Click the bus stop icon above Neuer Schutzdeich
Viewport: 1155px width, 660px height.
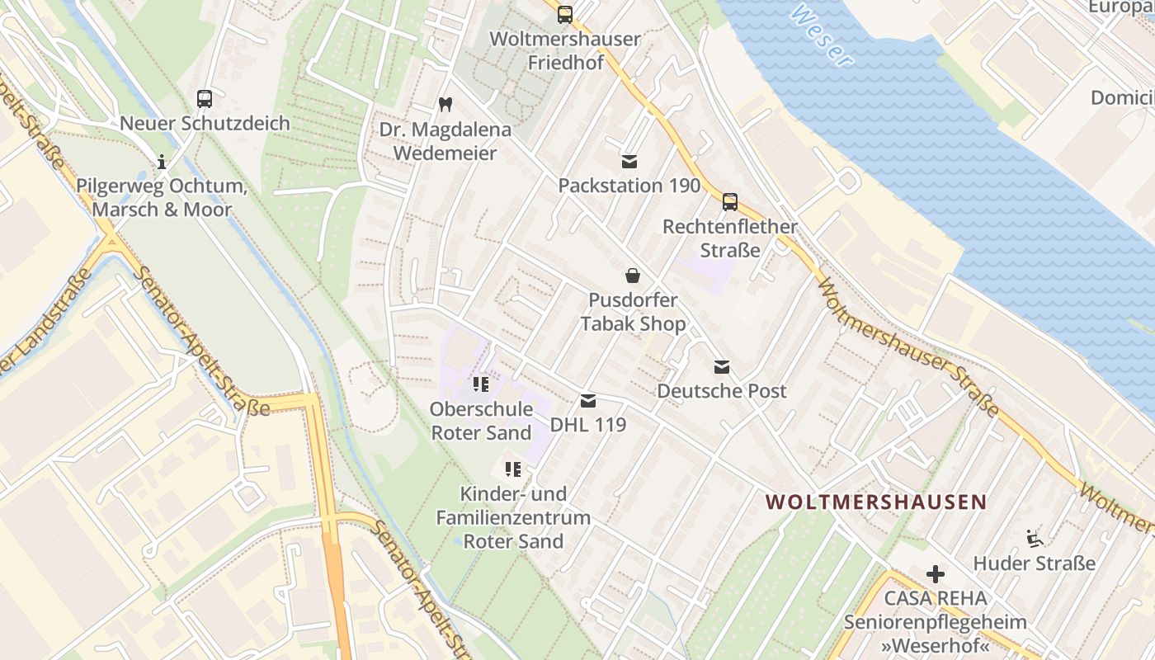pos(205,99)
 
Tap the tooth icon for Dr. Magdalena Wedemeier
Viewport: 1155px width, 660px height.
pos(445,105)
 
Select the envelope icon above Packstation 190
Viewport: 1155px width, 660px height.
pos(629,161)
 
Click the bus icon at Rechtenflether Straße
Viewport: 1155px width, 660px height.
pos(729,201)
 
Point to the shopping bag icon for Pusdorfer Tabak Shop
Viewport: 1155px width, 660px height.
pos(633,276)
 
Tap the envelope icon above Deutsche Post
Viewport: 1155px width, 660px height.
pos(722,367)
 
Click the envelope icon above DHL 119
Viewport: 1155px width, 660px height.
pos(588,401)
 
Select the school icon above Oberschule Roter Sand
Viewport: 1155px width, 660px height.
pos(482,384)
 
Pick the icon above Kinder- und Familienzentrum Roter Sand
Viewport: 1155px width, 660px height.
pos(513,470)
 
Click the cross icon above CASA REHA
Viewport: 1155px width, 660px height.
pos(935,573)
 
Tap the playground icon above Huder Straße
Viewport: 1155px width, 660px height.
pos(1035,538)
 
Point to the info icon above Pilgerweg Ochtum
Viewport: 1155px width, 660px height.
pos(162,161)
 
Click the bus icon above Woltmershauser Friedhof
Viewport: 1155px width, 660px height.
pos(564,14)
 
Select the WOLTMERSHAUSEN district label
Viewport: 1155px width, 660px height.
pos(876,502)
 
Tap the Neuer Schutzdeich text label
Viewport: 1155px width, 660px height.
pos(205,124)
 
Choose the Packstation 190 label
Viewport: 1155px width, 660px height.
pos(629,186)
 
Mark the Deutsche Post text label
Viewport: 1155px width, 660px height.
pos(722,391)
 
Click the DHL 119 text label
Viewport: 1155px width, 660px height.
pos(588,425)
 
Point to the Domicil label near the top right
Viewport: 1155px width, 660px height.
pos(1122,98)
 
